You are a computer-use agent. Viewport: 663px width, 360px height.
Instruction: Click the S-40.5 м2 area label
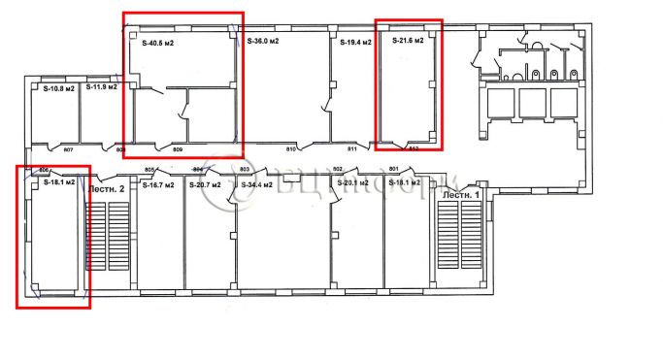159,44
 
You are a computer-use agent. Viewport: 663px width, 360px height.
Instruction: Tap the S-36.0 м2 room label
262,42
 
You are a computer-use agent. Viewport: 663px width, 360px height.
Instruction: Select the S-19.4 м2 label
356,43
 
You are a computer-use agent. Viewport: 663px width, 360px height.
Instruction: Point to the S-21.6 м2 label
409,42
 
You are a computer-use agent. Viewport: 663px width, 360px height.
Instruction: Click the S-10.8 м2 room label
58,88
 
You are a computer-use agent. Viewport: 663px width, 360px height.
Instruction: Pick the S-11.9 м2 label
101,87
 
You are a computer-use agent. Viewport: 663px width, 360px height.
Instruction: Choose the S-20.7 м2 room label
206,183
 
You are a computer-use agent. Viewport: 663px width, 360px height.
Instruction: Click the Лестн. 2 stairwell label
109,190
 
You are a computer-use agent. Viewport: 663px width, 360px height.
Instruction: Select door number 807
68,149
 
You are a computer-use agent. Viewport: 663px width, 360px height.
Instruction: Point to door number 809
178,149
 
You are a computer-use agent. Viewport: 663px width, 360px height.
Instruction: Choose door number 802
339,169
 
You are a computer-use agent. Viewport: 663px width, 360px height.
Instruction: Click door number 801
394,169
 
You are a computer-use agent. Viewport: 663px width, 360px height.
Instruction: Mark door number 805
149,169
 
